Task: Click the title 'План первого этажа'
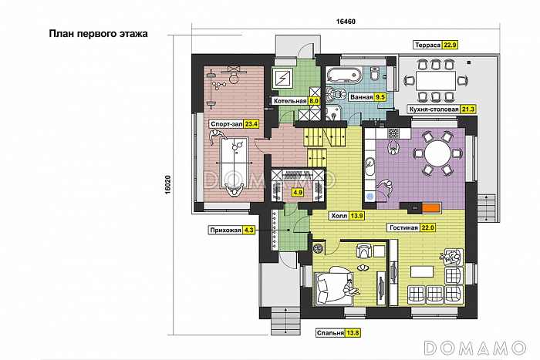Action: pos(98,34)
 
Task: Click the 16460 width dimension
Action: pos(346,22)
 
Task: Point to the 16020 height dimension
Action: pos(167,185)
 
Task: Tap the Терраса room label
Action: pos(427,45)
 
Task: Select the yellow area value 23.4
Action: pos(251,124)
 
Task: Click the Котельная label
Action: pos(290,101)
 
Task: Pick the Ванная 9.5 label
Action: pos(367,97)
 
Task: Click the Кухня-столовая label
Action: pos(434,109)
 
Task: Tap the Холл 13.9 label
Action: pos(346,216)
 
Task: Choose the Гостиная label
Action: pos(403,227)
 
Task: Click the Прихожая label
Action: pos(225,230)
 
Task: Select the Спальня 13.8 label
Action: pos(338,333)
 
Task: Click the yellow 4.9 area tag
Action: pos(297,193)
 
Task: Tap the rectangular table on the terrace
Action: pos(436,81)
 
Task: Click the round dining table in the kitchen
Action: pos(437,154)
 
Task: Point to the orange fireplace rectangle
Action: pos(431,207)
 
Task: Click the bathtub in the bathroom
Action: pos(344,75)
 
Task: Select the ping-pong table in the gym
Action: pos(235,163)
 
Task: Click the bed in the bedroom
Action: pos(334,285)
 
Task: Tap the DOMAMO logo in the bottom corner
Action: pos(475,348)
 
